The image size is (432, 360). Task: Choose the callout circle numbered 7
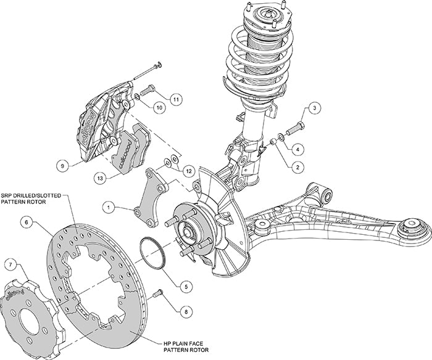(x=10, y=264)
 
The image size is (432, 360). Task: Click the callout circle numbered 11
(x=176, y=98)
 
